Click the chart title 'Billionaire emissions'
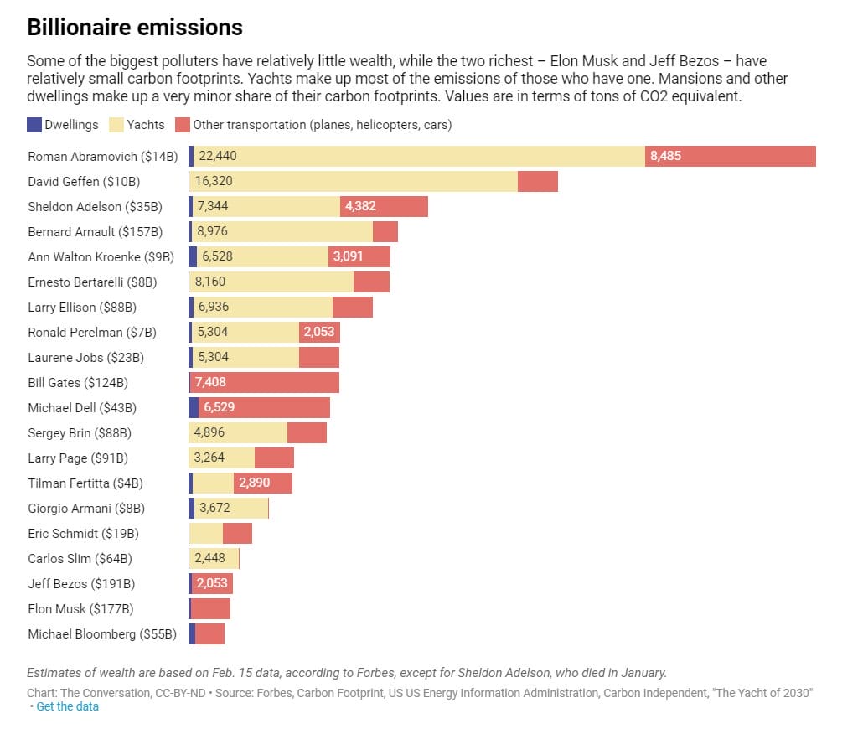coord(135,28)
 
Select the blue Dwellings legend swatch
coord(34,125)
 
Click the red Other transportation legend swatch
coord(183,125)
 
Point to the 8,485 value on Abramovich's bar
coord(665,156)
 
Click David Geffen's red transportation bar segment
coord(537,181)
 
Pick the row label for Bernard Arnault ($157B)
coord(96,231)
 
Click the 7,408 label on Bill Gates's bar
coord(210,382)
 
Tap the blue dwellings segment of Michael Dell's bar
coord(194,407)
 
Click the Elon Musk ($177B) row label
coord(80,608)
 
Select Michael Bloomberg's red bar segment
coord(209,633)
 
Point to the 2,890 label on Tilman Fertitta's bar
coord(254,483)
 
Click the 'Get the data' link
coord(67,706)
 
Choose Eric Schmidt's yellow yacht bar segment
coord(206,533)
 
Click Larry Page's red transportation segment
coord(274,458)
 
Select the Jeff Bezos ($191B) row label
coord(81,583)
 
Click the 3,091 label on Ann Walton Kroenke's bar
coord(348,256)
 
